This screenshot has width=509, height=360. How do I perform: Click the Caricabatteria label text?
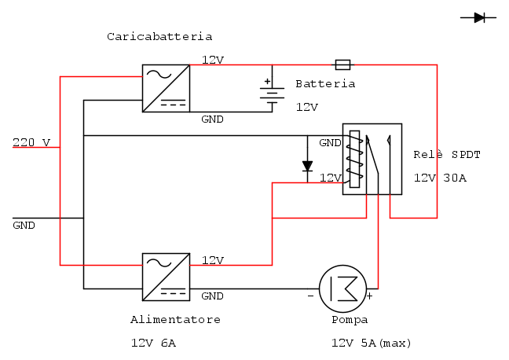pyautogui.click(x=159, y=36)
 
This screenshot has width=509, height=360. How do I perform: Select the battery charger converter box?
pyautogui.click(x=166, y=88)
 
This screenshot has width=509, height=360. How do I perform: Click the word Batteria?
pyautogui.click(x=325, y=83)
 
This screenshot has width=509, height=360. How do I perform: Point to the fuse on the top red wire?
pyautogui.click(x=343, y=64)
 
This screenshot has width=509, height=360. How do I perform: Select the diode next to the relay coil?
pyautogui.click(x=307, y=166)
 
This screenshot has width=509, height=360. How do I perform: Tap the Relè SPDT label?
pyautogui.click(x=446, y=154)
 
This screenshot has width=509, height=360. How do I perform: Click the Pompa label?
pyautogui.click(x=350, y=320)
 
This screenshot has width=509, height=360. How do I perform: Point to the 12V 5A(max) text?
pyautogui.click(x=372, y=343)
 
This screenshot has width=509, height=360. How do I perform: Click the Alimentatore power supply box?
pyautogui.click(x=166, y=277)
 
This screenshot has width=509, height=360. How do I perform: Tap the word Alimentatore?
pyautogui.click(x=175, y=320)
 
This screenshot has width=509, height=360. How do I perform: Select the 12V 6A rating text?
pyautogui.click(x=153, y=343)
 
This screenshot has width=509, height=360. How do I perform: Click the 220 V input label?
pyautogui.click(x=31, y=142)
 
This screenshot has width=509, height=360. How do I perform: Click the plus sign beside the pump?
pyautogui.click(x=369, y=296)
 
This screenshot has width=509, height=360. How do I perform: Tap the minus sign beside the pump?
pyautogui.click(x=310, y=296)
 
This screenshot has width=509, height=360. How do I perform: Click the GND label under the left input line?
pyautogui.click(x=24, y=226)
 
